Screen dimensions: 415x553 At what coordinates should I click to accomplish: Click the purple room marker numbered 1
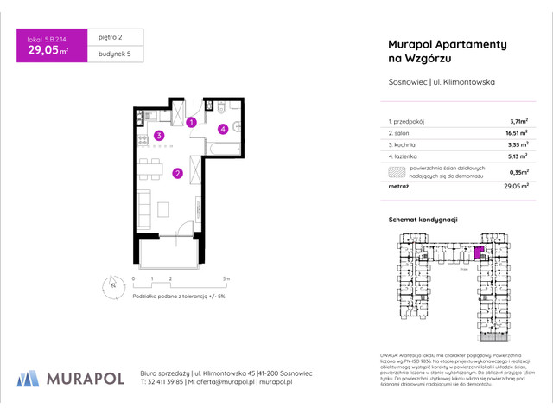click(x=192, y=124)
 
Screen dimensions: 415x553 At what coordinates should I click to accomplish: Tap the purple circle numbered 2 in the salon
click(x=176, y=173)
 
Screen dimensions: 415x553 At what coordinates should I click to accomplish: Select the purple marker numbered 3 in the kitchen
click(x=159, y=136)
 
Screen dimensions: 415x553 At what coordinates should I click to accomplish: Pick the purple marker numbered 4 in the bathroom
click(x=222, y=130)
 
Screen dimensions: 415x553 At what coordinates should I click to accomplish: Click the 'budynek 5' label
click(x=111, y=54)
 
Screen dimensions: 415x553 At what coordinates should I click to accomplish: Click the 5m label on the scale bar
click(x=226, y=278)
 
